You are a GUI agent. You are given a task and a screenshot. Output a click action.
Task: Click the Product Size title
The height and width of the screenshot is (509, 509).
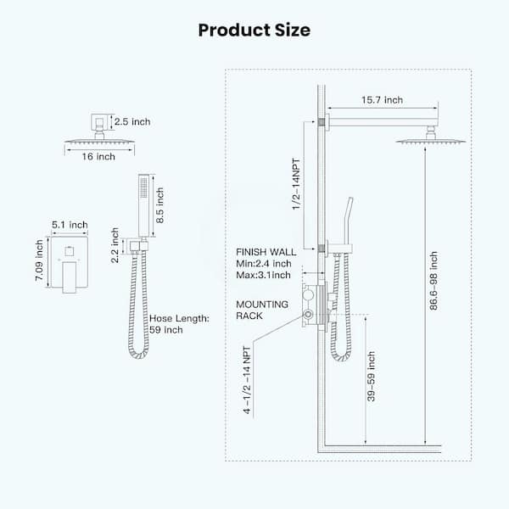coord(255,31)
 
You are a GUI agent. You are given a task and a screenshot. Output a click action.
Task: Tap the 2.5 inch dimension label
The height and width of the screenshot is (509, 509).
coord(132,121)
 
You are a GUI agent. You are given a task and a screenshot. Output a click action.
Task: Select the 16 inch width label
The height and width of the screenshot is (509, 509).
coord(98,156)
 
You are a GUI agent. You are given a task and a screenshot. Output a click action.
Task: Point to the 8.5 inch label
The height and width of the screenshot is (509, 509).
coord(159,205)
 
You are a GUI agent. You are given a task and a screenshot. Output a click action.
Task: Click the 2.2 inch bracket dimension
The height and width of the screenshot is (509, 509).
coord(115,245)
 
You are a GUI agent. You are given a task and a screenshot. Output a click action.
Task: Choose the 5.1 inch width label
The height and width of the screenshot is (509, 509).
coord(70,225)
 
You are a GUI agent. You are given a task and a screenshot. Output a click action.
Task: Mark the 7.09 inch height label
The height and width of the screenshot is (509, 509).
coord(39,260)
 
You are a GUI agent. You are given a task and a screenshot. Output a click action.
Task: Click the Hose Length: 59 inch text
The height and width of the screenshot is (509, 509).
coord(179,324)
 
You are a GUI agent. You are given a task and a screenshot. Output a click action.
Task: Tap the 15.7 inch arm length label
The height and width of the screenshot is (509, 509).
coord(382,100)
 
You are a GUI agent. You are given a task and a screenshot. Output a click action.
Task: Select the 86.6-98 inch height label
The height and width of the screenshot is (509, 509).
coord(433,281)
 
